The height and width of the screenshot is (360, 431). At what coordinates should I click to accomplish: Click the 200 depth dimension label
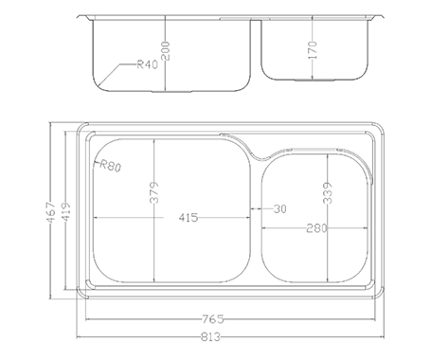click(x=165, y=51)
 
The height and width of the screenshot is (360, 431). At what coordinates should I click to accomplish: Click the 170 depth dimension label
click(x=312, y=50)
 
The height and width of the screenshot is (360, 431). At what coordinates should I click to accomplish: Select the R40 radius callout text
click(x=147, y=64)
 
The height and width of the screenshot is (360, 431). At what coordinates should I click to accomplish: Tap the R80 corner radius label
click(x=110, y=166)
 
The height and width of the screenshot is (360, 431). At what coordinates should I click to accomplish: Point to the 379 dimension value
click(x=154, y=192)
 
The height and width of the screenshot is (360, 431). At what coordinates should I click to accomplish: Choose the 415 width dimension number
click(x=189, y=218)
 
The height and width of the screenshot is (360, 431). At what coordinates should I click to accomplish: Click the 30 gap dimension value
click(x=279, y=208)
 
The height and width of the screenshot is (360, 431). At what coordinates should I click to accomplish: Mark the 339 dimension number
click(x=328, y=193)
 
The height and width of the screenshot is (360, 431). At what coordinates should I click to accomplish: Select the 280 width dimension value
click(x=316, y=228)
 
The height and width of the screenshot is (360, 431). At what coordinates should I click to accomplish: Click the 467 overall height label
click(x=51, y=212)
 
